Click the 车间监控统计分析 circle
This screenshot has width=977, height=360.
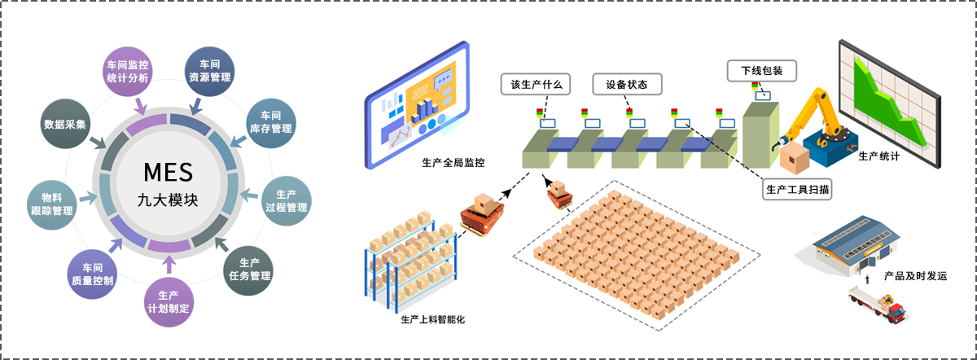[128, 71]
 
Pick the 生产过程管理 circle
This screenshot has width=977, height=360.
[286, 201]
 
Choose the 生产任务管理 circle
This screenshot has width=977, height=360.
[249, 269]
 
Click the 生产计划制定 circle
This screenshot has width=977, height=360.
[169, 301]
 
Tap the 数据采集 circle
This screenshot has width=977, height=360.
[66, 124]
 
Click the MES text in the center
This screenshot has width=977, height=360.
[168, 172]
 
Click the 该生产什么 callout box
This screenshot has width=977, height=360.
[535, 84]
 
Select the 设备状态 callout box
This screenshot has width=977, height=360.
[627, 84]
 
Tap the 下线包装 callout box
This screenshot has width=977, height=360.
[761, 71]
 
